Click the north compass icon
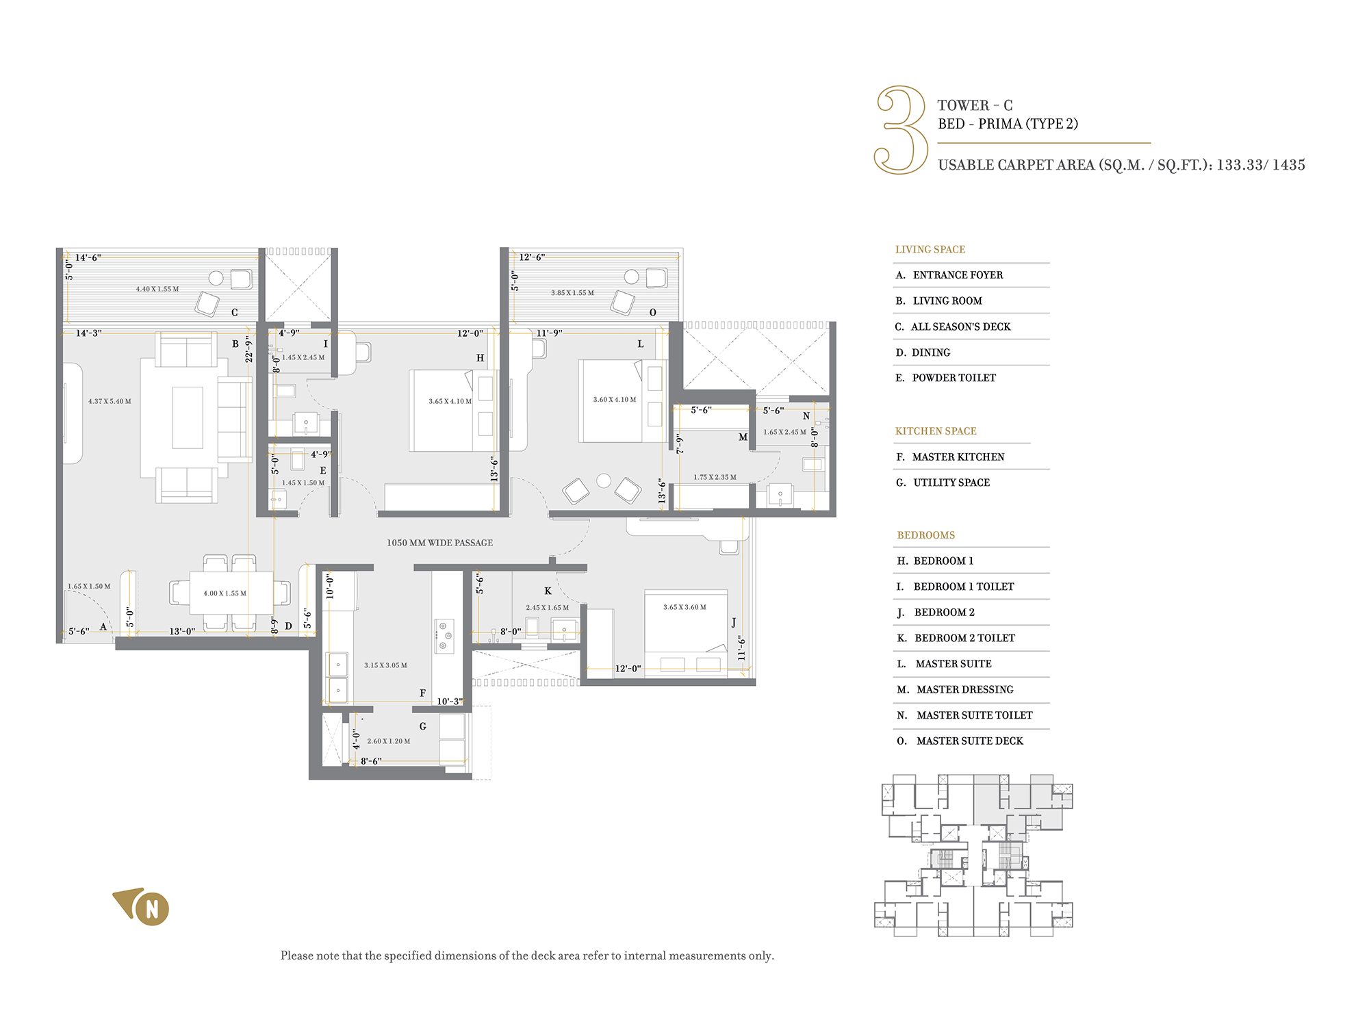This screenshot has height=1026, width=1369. (x=142, y=906)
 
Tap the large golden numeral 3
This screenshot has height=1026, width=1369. (x=901, y=129)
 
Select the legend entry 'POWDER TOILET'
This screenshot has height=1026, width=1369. (x=954, y=378)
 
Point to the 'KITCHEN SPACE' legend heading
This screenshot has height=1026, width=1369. (x=936, y=431)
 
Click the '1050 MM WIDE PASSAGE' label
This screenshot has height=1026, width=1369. (x=439, y=543)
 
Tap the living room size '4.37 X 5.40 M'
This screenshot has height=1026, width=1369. (x=110, y=402)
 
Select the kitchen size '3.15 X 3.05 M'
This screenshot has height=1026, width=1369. (x=385, y=665)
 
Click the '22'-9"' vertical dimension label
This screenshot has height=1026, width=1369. (x=249, y=348)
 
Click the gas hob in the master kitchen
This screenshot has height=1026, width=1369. (x=444, y=636)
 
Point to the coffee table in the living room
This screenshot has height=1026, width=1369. (x=188, y=418)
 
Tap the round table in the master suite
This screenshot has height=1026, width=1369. (x=604, y=480)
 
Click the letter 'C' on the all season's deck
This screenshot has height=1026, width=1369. (x=234, y=313)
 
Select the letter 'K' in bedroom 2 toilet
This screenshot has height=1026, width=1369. (x=548, y=591)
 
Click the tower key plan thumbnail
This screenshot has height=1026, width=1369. (x=973, y=856)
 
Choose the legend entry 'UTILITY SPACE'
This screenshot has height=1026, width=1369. (x=951, y=483)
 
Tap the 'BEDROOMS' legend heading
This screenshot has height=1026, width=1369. (x=925, y=535)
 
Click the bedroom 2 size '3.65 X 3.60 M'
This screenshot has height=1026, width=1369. (x=684, y=607)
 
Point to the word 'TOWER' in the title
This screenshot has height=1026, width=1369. (x=963, y=105)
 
